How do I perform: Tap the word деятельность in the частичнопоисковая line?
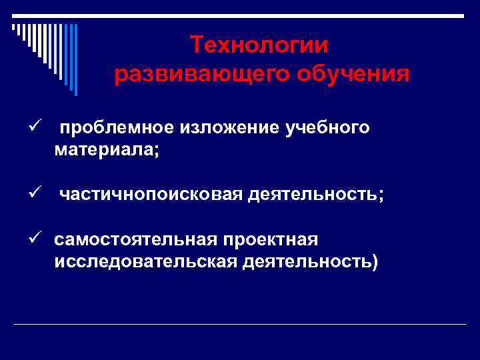coord(312,194)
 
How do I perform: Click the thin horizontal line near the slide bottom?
coord(240,324)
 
